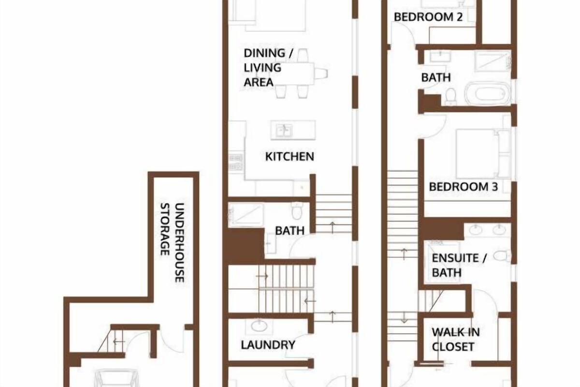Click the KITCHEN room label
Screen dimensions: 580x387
(290, 157)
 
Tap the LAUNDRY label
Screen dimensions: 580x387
(268, 345)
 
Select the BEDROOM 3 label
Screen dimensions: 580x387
(463, 187)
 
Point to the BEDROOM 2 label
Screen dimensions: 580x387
(428, 17)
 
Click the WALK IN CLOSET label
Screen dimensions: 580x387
(456, 339)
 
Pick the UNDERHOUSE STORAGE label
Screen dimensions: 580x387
(172, 242)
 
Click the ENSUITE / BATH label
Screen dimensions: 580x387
(459, 265)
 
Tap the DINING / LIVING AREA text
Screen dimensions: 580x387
(269, 68)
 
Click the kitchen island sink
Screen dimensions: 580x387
(284, 131)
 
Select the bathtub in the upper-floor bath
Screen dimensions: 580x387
(487, 93)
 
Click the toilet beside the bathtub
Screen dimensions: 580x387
(451, 97)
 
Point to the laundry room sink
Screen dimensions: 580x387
(259, 326)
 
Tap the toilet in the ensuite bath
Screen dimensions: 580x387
(502, 256)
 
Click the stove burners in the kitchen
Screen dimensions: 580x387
(236, 162)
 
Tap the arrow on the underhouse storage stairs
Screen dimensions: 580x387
(118, 342)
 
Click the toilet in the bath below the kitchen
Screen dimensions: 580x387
(297, 211)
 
